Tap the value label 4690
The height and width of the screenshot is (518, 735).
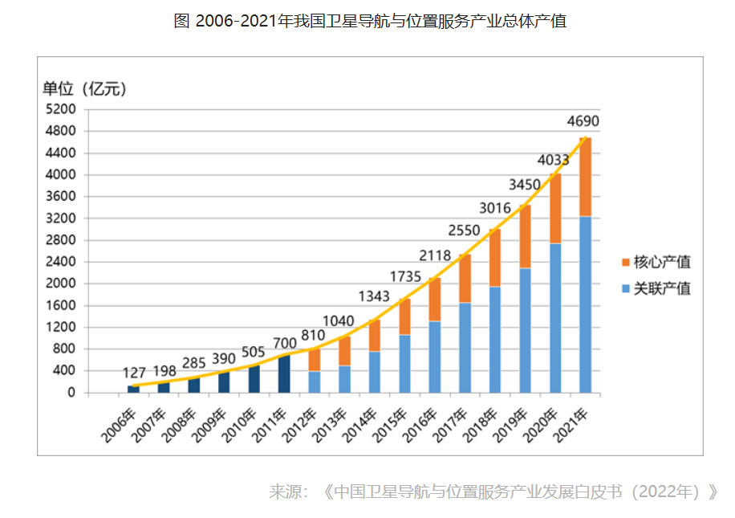pos(583,122)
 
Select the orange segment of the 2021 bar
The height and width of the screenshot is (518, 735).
pos(585,177)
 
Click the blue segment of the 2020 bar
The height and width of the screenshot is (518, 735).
pos(555,317)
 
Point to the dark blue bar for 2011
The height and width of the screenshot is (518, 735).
pos(284,373)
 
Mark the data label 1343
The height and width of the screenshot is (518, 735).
pos(373,297)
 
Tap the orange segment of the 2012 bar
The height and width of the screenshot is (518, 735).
pos(315,359)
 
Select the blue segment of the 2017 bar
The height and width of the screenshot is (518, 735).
pos(465,347)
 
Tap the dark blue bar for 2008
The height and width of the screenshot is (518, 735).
pos(194,385)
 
